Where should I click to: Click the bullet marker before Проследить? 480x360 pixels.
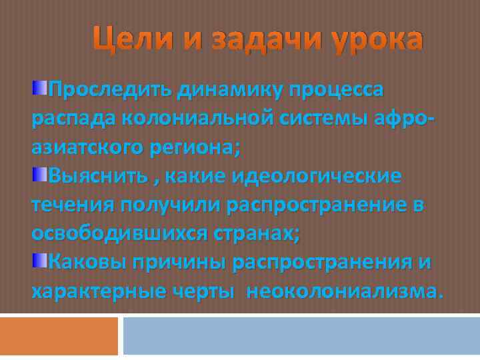pos(40,88)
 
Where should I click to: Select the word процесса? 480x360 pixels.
pos(337,89)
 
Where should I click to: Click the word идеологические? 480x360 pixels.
pos(317,176)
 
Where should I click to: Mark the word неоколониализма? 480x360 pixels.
pos(343,291)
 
